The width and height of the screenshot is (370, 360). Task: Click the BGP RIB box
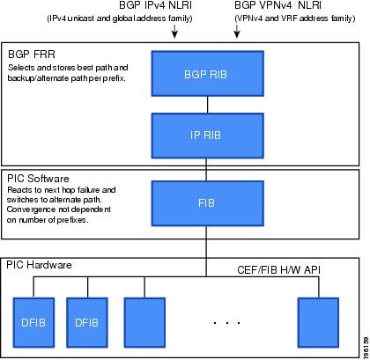point(208,74)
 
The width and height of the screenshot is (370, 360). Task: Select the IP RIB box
point(208,136)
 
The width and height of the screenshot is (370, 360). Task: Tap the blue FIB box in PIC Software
point(208,203)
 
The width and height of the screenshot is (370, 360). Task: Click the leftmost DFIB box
point(33,322)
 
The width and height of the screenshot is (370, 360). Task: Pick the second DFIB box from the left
point(87,322)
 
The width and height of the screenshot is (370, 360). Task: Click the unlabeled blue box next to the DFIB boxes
point(144,322)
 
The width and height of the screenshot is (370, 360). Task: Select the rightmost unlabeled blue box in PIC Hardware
point(318,322)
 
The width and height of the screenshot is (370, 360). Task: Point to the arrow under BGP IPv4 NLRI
point(174,32)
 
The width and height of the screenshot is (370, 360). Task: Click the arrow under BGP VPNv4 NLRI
point(237,32)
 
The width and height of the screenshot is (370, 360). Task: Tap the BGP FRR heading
point(32,55)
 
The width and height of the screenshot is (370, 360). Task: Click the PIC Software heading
point(38,179)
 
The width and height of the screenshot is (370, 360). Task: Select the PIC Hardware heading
point(39,265)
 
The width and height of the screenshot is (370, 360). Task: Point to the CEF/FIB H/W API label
point(278,270)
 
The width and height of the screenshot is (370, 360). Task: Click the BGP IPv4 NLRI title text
point(155,5)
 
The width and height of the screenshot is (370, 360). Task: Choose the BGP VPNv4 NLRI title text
point(277,5)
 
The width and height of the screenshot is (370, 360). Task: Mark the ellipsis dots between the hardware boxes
point(227,323)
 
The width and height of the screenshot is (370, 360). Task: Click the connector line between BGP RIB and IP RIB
point(208,105)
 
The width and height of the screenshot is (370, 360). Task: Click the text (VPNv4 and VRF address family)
point(295,18)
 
